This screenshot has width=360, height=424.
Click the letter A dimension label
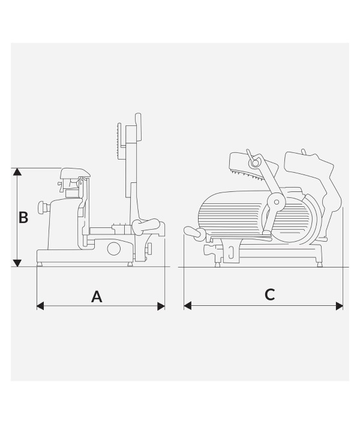pos(97,297)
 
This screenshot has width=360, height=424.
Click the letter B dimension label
pos(23,218)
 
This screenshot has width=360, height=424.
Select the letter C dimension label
pos(269,294)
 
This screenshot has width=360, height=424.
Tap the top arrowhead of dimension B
pos(17,172)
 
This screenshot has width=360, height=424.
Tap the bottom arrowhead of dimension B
pos(17,263)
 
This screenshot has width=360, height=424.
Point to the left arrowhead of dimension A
pos(40,306)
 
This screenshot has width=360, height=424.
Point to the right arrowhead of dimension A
pos(161,306)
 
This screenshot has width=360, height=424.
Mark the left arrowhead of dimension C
pos(187,306)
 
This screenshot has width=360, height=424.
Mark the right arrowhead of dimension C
pos(339,306)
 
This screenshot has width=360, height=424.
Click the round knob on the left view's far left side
pos(42,208)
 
